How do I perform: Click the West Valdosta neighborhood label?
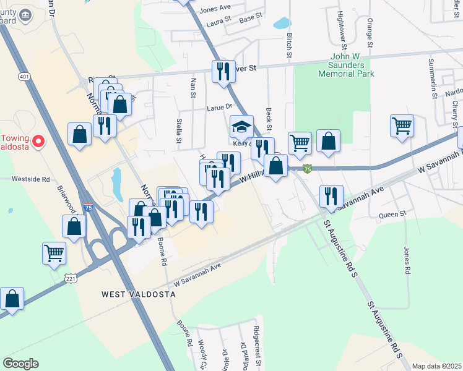[x=139, y=295]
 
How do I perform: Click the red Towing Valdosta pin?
[x=38, y=142]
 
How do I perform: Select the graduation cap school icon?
[x=241, y=127]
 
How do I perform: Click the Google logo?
[x=21, y=363]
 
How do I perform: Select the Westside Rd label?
[x=29, y=179]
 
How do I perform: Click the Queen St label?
[x=392, y=215]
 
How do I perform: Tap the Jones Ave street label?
[x=215, y=8]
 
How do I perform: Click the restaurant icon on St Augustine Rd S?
[x=331, y=197]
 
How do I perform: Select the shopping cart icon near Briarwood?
[x=54, y=252]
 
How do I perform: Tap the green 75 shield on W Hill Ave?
[x=308, y=168]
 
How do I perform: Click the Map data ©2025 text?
[x=436, y=366]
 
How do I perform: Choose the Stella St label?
[x=180, y=130]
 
